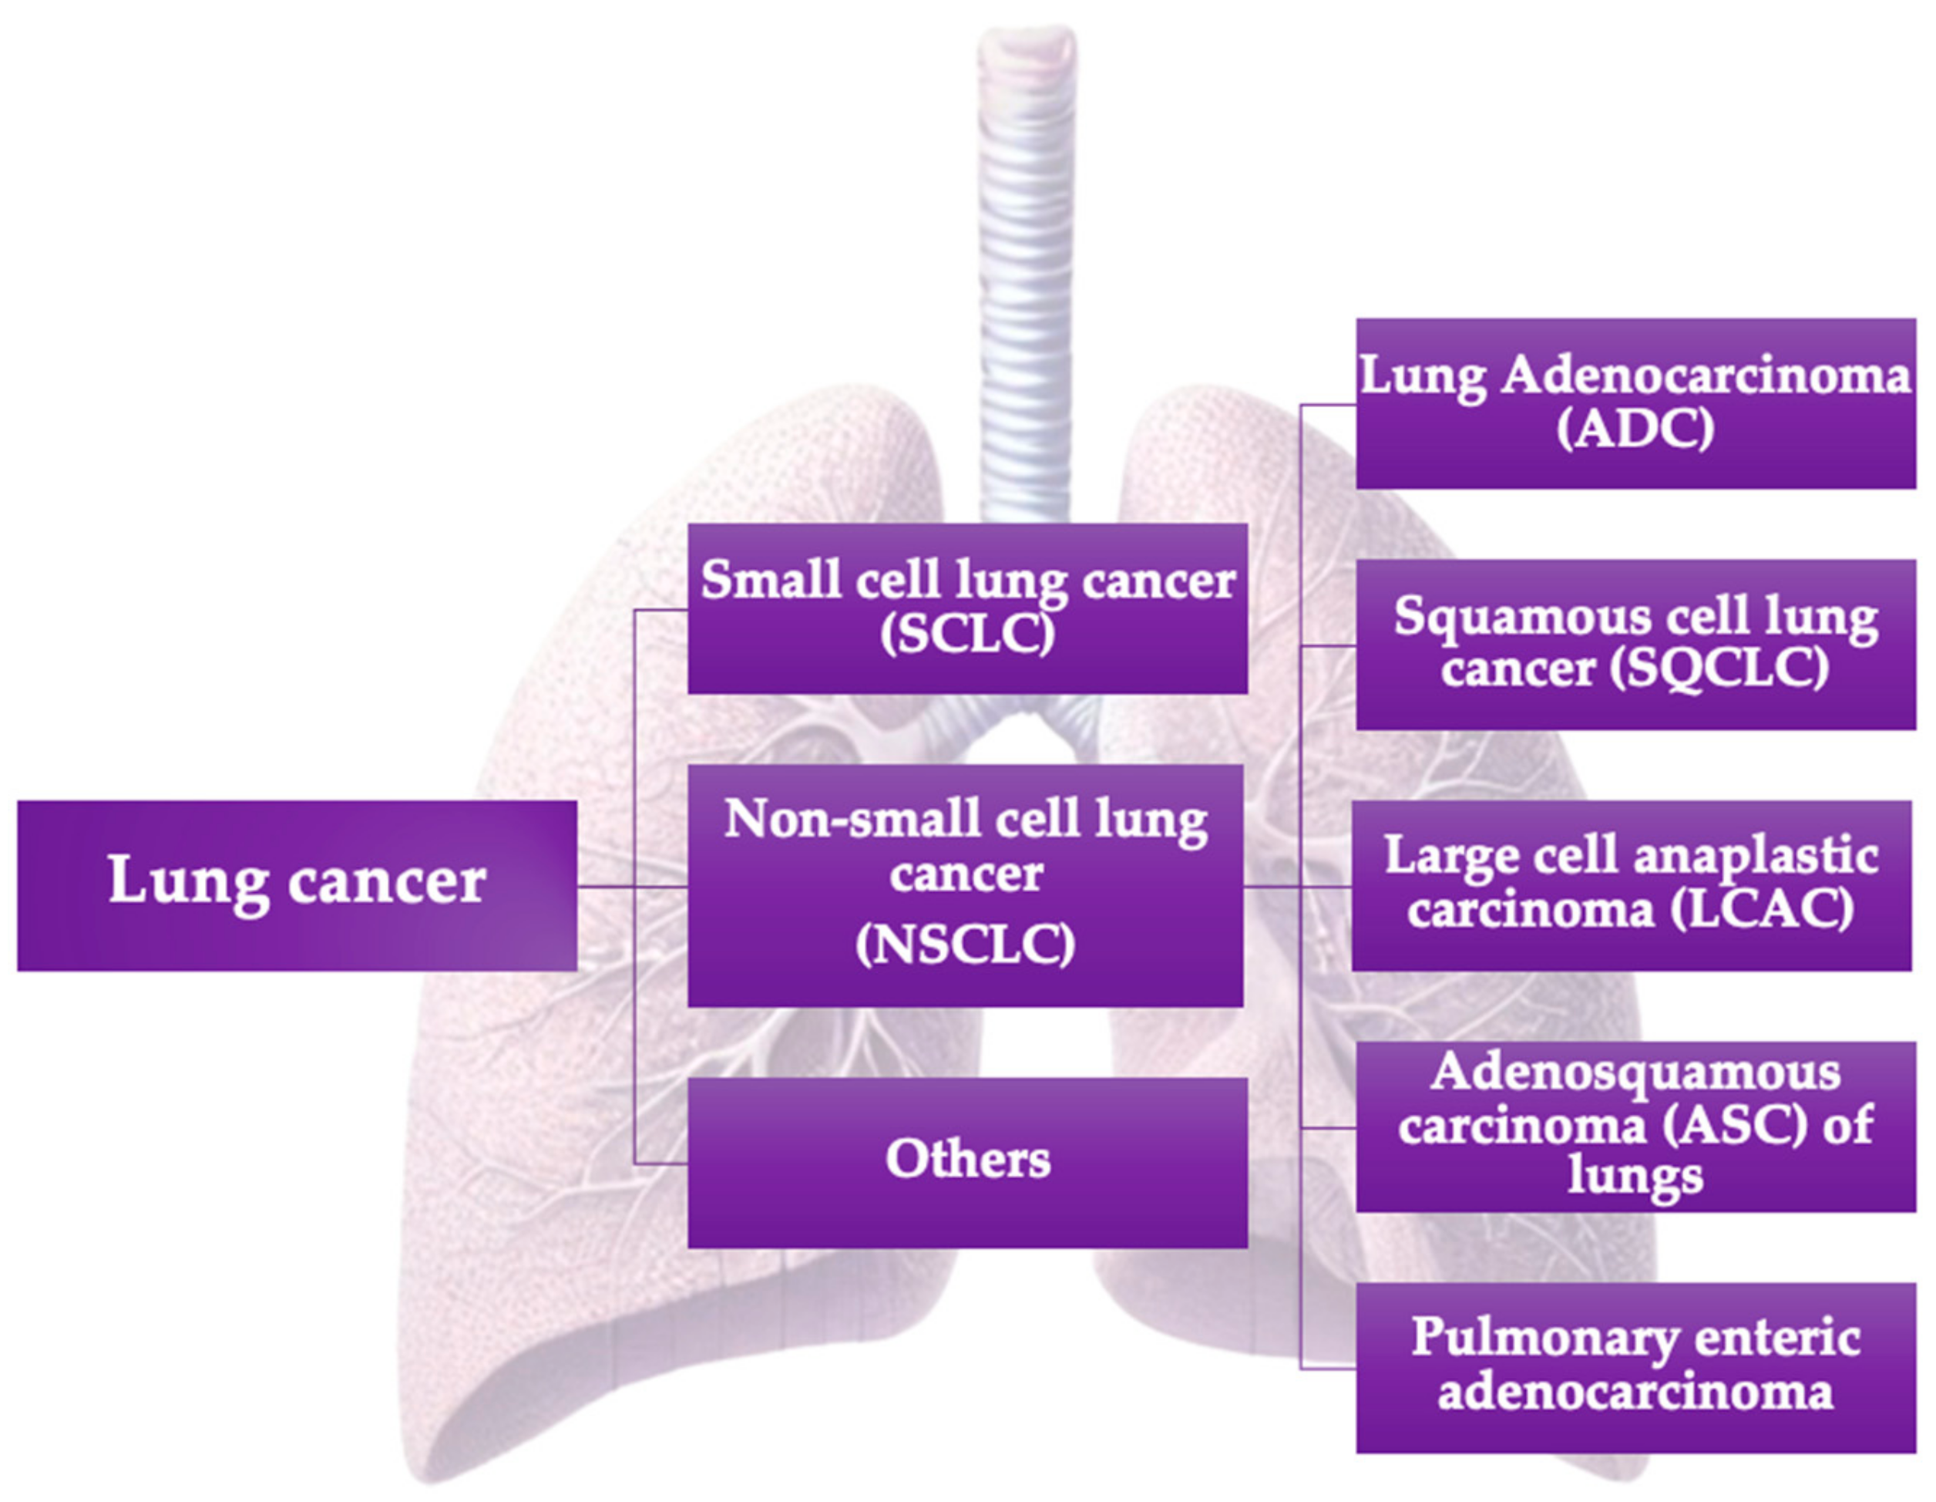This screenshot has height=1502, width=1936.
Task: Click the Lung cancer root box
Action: tap(297, 885)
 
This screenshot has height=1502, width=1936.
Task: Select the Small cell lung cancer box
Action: tap(967, 608)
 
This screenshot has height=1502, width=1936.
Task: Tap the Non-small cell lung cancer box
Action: tap(966, 885)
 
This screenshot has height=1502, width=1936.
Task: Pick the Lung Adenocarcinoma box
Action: tap(1635, 402)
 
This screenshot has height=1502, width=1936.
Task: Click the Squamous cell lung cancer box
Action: tap(1635, 645)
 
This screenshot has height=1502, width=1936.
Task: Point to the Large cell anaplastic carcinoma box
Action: tap(1631, 885)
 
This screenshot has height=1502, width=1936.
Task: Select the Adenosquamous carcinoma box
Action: tap(1635, 1126)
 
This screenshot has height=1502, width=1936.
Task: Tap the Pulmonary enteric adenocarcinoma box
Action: tap(1635, 1367)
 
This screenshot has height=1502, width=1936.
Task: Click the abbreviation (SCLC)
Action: tap(967, 634)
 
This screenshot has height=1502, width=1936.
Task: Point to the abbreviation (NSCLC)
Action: tap(966, 945)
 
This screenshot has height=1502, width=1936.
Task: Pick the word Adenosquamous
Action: tap(1635, 1073)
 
